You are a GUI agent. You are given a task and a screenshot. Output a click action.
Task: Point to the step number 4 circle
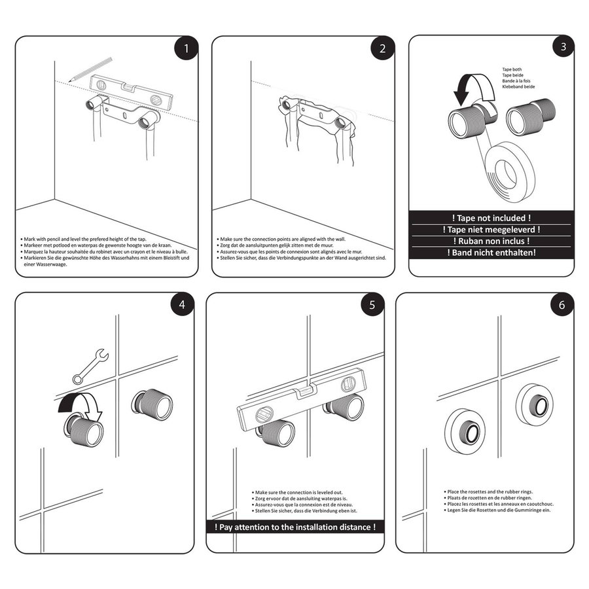(x=183, y=305)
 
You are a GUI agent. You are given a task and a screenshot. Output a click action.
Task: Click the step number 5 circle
(x=372, y=305)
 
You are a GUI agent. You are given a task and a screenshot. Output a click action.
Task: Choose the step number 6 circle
(x=562, y=305)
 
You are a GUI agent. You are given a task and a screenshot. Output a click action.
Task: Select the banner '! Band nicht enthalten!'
(x=491, y=252)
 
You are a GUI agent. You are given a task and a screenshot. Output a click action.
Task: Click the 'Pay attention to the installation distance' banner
(x=295, y=527)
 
